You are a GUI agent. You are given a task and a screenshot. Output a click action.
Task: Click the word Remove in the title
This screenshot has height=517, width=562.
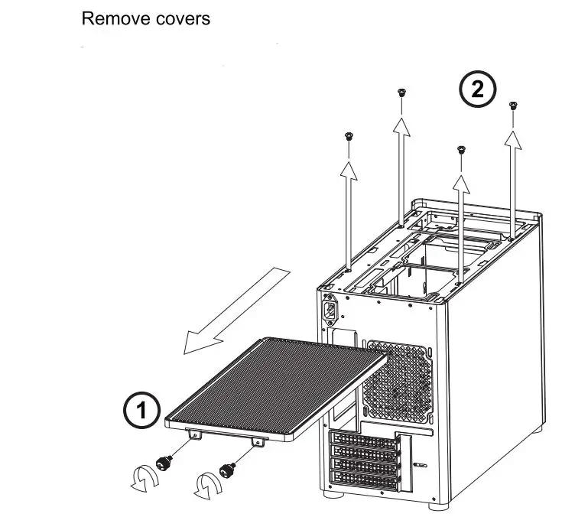(112, 18)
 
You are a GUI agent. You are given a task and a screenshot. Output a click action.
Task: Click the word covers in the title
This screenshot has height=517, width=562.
(181, 18)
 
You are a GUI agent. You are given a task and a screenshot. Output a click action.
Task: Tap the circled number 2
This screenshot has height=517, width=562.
(476, 91)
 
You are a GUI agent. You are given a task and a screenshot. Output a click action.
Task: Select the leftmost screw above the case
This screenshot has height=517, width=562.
(349, 137)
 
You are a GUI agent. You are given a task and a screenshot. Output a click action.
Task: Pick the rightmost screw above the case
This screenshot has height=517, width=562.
(513, 104)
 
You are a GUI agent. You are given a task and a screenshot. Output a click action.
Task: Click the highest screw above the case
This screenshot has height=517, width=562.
(401, 93)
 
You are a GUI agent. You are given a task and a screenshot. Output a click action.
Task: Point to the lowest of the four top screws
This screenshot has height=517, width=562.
(460, 149)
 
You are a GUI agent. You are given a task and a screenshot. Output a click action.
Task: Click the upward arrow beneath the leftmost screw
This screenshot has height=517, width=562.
(349, 214)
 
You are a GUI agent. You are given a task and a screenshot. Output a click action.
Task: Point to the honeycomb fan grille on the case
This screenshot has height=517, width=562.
(398, 379)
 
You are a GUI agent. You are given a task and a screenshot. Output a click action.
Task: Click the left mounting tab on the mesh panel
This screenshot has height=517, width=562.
(196, 434)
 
